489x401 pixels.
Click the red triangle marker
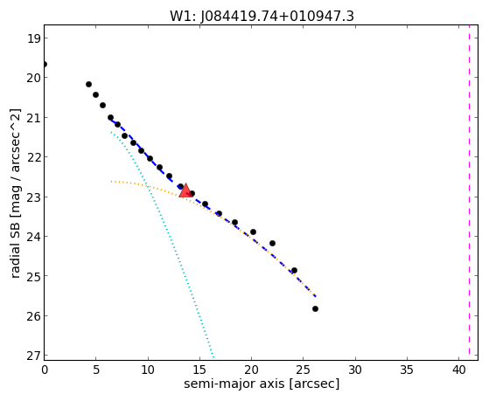185,190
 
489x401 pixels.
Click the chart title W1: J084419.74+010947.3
262,16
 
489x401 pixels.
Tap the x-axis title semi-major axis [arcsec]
262,384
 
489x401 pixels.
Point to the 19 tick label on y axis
33,39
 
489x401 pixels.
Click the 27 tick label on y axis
33,356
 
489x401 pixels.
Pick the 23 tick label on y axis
33,197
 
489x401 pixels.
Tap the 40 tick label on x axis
458,370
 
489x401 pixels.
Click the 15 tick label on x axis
199,370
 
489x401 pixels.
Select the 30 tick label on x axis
355,370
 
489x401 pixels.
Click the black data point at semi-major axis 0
45,64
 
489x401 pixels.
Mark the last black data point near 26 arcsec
315,308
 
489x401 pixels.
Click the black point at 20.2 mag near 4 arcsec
88,84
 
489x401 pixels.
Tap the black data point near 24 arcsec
294,270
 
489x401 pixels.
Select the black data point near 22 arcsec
272,243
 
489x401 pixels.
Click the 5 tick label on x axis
96,370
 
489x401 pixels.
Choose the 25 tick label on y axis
33,276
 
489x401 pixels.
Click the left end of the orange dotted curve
111,182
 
